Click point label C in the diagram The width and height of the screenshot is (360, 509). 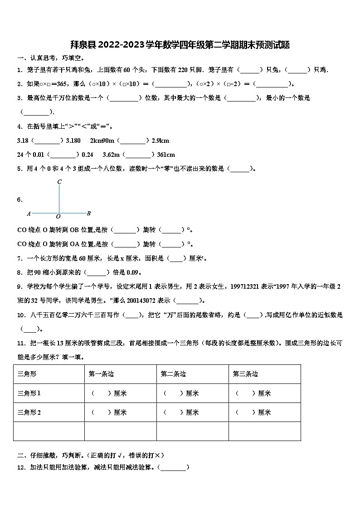coord(59,182)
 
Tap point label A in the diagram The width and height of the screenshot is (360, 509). coord(29,213)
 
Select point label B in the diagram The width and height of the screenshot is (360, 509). coord(89,213)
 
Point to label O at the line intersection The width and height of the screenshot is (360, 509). coord(58,217)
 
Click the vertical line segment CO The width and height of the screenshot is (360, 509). coord(59,199)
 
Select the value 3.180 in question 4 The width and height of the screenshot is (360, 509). coord(73,141)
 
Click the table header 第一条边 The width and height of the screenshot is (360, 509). coord(101,374)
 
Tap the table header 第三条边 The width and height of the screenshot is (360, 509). coord(245,374)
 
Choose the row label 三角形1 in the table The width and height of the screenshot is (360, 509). coord(29,393)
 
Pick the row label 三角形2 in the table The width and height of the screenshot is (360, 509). coord(29,412)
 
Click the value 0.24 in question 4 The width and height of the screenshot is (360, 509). coord(87,155)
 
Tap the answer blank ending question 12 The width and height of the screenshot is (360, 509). coord(173,468)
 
